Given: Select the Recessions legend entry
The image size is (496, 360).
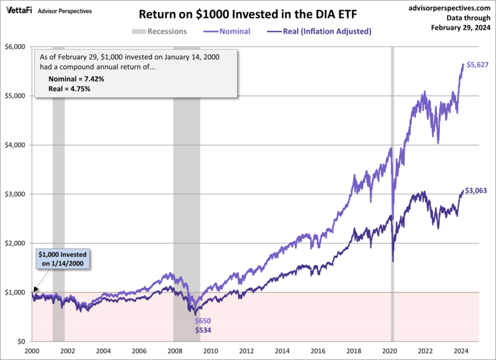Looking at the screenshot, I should [161, 31].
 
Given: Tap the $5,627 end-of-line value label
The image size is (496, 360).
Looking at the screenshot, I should [479, 65].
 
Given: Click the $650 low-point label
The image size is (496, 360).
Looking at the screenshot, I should [203, 320].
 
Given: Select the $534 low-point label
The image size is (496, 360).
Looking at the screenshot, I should [203, 330].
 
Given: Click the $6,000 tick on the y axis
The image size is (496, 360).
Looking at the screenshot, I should [15, 47].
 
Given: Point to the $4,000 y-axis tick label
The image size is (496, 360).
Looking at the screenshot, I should [15, 145].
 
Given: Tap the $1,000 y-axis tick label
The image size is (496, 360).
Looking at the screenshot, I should [15, 292].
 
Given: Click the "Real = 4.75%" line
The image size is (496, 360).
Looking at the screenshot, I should [69, 88].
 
